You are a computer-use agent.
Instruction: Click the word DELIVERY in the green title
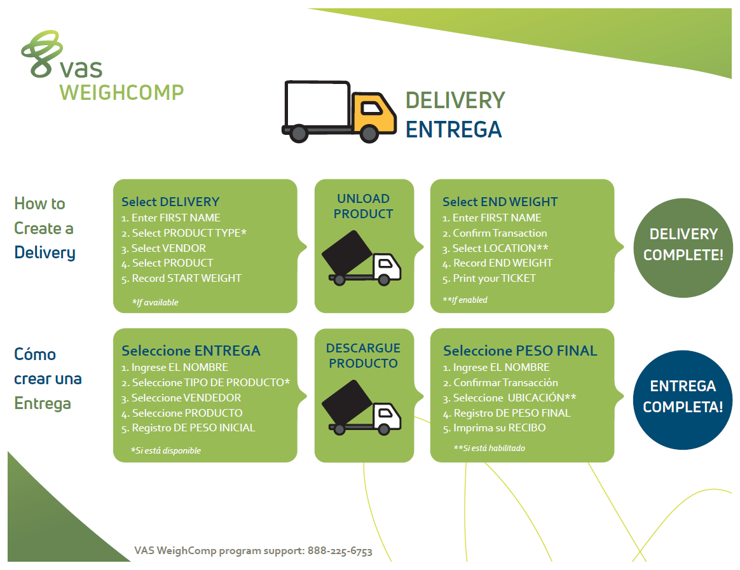[455, 100]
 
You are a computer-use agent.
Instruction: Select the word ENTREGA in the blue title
[454, 129]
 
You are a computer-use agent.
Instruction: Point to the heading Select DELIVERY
[170, 202]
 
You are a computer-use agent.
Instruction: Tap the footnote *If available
[155, 302]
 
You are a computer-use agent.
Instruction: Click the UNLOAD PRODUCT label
[364, 206]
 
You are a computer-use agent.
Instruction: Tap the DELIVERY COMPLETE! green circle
[683, 244]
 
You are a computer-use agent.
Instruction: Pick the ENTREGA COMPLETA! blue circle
[683, 396]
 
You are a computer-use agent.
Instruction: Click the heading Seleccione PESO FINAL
[520, 351]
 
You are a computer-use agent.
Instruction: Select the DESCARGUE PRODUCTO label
[364, 356]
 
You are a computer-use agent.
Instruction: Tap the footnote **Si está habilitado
[490, 448]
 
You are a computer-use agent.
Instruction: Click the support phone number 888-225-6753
[340, 551]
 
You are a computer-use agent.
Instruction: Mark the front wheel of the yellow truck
[369, 133]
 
